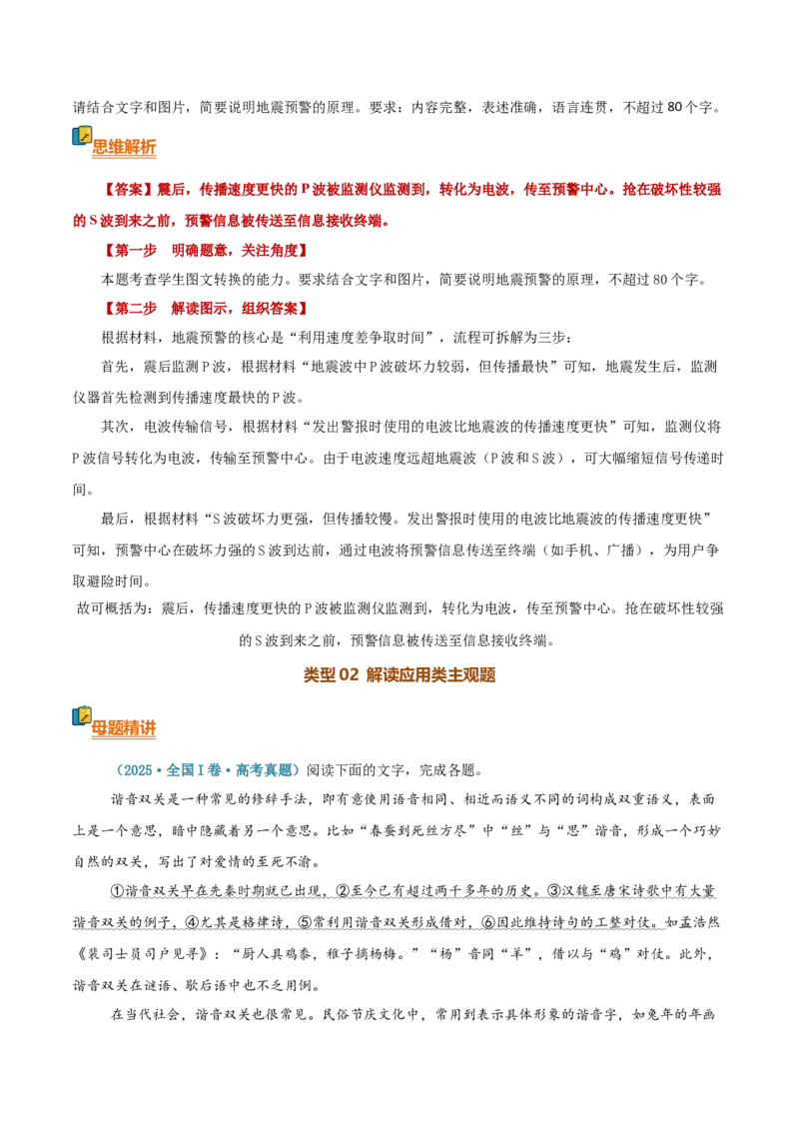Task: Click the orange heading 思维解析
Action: (x=124, y=147)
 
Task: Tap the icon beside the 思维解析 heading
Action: (x=82, y=136)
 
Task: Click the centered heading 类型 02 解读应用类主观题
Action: (x=399, y=675)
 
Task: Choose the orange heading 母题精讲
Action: (x=124, y=727)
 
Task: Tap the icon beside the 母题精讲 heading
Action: (x=82, y=715)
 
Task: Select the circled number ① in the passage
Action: (x=118, y=891)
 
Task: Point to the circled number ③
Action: (x=554, y=891)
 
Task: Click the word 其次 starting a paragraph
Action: (x=116, y=427)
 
